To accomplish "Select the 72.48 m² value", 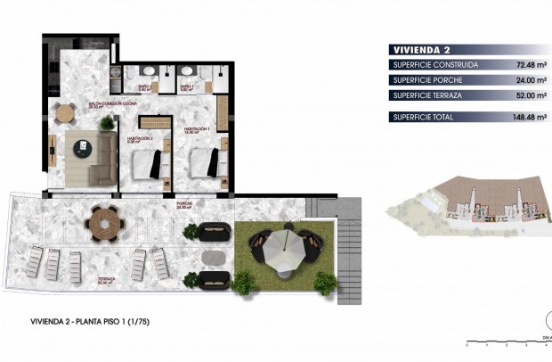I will tap(523, 65).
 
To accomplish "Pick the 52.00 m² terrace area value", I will tap(523, 95).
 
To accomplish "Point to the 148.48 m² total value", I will tap(521, 117).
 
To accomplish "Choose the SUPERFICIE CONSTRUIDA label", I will tap(434, 65).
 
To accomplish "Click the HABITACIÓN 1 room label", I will tap(197, 130).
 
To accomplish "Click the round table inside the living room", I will tap(65, 113).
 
